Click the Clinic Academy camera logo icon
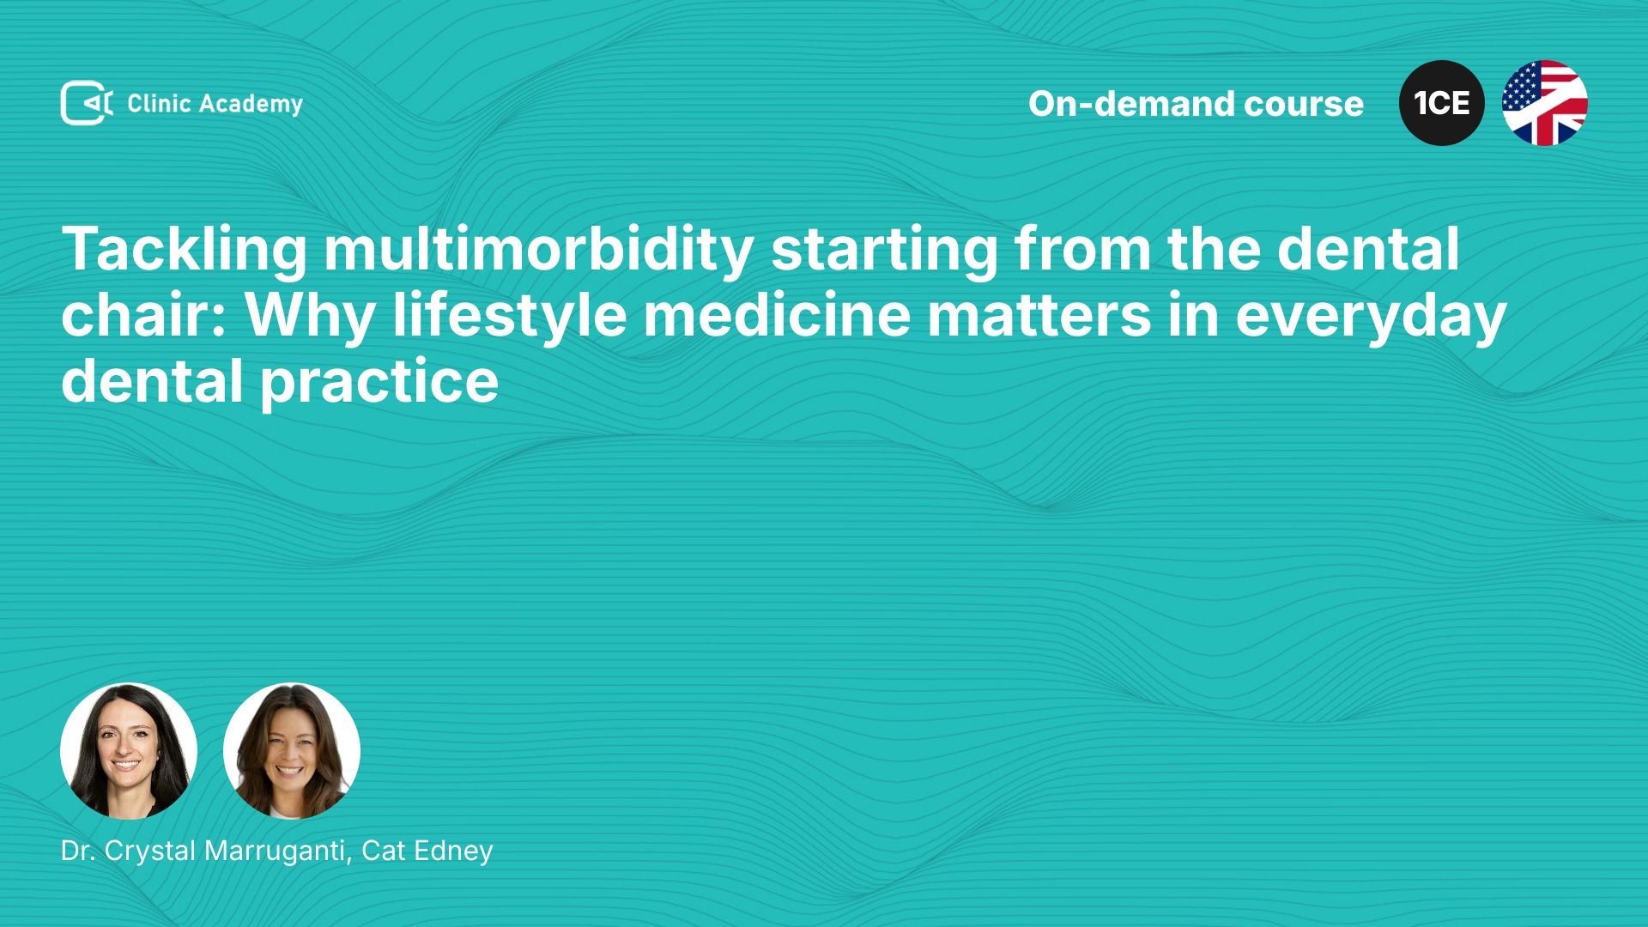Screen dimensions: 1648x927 pyautogui.click(x=87, y=103)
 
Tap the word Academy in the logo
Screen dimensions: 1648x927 pyautogui.click(x=251, y=105)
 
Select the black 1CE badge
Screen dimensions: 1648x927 pyautogui.click(x=1442, y=103)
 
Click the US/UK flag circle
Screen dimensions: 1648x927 pyautogui.click(x=1545, y=103)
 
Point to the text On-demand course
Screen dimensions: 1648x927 pyautogui.click(x=1196, y=104)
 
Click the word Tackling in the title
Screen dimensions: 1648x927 pyautogui.click(x=185, y=251)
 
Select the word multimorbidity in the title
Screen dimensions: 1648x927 pyautogui.click(x=539, y=251)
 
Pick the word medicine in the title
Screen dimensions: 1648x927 pyautogui.click(x=777, y=315)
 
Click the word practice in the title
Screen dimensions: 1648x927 pyautogui.click(x=379, y=383)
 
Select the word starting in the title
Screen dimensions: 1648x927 pyautogui.click(x=884, y=251)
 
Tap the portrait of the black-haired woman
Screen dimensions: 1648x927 pyautogui.click(x=129, y=751)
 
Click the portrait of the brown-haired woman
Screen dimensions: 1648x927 pyautogui.click(x=292, y=751)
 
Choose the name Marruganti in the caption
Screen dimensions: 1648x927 pyautogui.click(x=278, y=851)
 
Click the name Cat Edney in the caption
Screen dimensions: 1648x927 pyautogui.click(x=427, y=851)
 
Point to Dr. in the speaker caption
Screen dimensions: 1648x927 pyautogui.click(x=78, y=851)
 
